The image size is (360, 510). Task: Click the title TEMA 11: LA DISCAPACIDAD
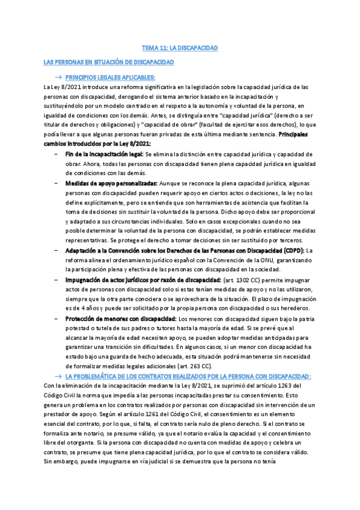click(179, 47)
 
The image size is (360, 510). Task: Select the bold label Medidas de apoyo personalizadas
click(111, 183)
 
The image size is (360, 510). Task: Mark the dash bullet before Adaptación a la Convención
click(56, 251)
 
